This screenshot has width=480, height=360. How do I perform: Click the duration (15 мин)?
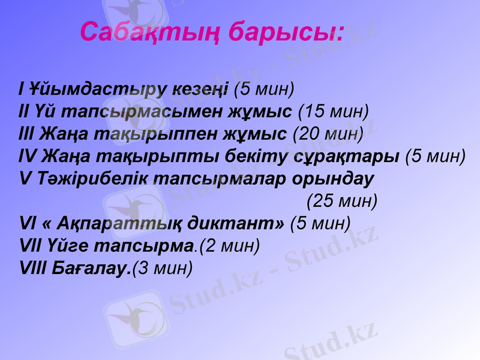(x=333, y=111)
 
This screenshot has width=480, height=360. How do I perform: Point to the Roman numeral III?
(x=28, y=133)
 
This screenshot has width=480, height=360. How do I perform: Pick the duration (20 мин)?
(x=328, y=133)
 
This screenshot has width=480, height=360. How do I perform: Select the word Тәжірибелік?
(x=95, y=178)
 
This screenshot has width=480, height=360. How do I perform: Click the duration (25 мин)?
(x=342, y=200)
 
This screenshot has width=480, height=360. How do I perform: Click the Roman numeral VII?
(x=31, y=245)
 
